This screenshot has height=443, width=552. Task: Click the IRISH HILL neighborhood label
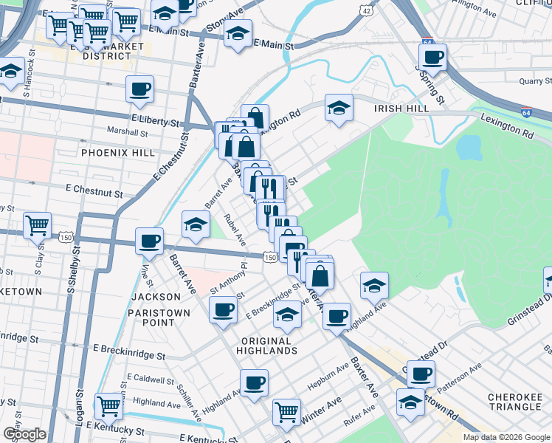point(401,109)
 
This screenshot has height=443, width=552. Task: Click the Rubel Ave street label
point(237,230)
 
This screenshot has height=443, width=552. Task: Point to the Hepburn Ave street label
point(334,377)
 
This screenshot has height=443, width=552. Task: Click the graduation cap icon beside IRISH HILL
point(339,108)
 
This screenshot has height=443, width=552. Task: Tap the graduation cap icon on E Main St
point(238,32)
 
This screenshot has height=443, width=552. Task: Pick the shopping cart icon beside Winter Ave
point(286,411)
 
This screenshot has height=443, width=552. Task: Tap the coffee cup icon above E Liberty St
point(139,89)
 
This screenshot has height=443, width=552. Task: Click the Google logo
point(24,434)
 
